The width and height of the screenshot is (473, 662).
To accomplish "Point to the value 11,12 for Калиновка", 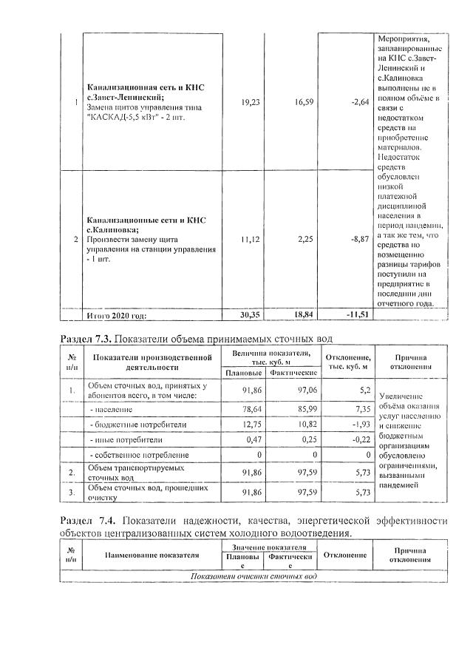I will point(251,240).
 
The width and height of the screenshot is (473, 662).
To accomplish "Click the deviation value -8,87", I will point(357,240).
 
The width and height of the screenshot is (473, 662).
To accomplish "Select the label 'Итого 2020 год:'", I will point(117,315).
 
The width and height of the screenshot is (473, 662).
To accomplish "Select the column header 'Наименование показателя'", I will point(152,554).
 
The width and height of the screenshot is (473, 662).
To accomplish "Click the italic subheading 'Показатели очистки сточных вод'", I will point(253,575).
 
